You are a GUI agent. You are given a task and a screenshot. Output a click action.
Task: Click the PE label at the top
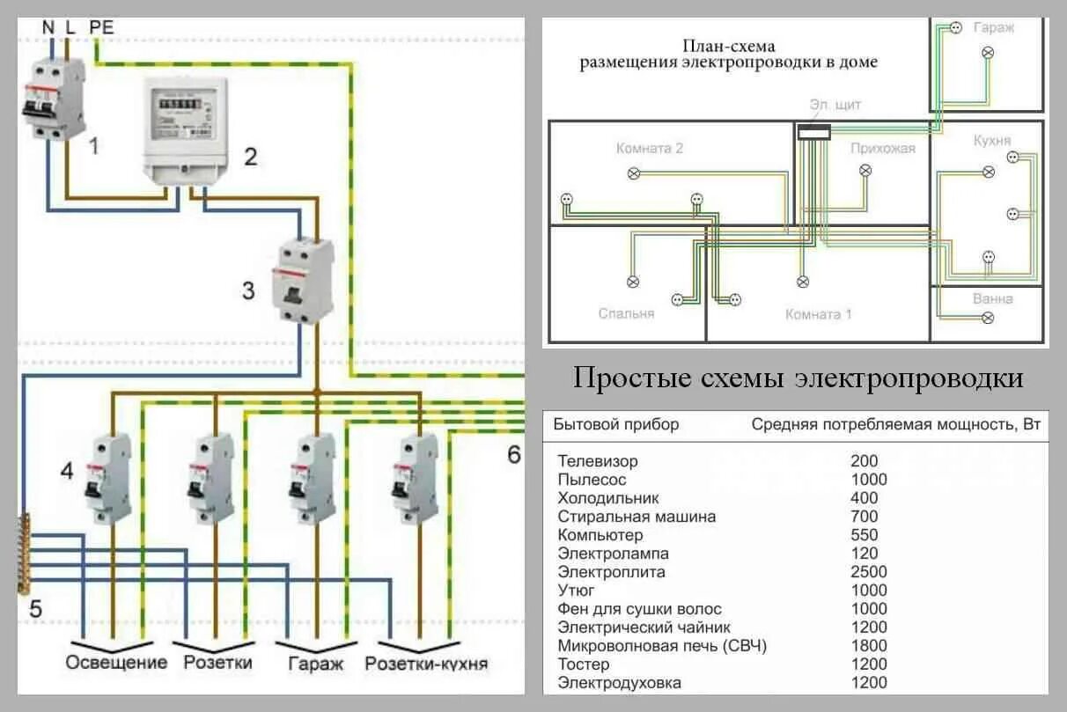101,27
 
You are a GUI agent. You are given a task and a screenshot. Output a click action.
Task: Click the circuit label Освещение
116,663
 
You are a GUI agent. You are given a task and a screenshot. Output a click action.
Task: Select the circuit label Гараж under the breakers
315,663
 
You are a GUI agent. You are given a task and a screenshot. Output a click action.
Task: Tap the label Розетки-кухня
426,663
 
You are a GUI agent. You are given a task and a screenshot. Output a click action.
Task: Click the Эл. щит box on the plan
813,133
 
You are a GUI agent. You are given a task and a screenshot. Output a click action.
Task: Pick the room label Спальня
626,313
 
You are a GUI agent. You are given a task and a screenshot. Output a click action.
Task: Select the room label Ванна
992,298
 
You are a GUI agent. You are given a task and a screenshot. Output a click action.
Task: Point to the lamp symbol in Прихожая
865,171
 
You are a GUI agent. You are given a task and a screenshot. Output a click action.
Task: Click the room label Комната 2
650,149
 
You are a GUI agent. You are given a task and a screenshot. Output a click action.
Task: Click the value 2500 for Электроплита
869,572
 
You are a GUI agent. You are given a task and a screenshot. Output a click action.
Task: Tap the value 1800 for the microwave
869,646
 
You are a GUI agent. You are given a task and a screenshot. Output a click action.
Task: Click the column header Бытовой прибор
616,424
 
